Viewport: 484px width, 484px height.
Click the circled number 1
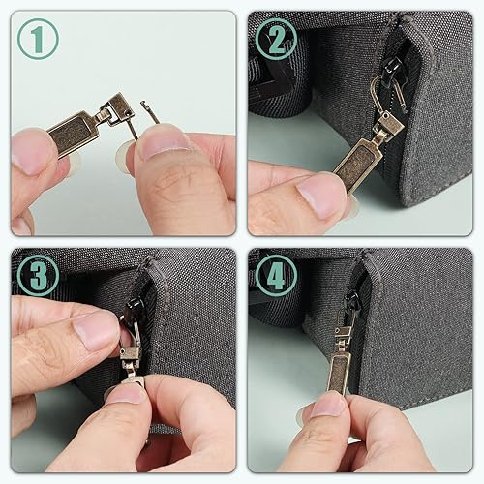[38, 39]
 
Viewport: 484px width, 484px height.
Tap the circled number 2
[276, 39]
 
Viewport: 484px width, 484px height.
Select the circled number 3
[38, 276]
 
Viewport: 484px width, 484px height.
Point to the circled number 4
[276, 276]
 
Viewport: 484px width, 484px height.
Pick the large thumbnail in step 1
[163, 143]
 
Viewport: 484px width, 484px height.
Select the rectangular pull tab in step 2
[357, 164]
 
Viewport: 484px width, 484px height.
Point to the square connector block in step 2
[390, 125]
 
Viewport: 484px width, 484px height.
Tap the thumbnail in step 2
[320, 197]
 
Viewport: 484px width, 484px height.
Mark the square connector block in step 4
[343, 333]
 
